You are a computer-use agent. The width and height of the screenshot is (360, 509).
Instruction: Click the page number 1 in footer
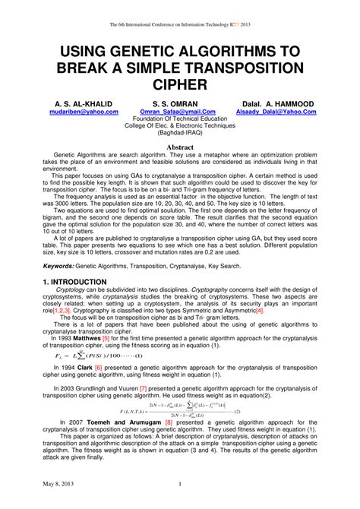pos(179,484)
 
